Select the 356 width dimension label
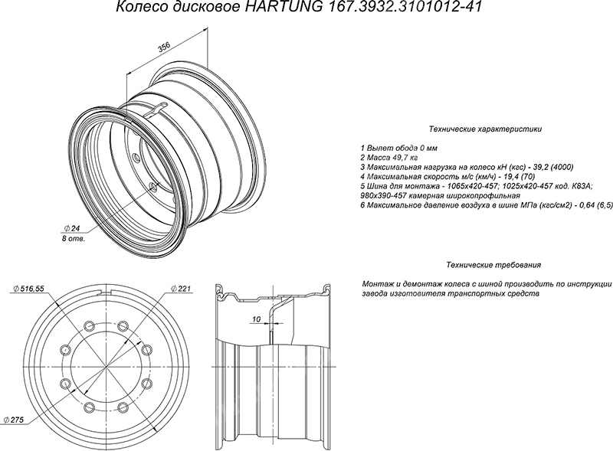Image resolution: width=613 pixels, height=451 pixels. pyautogui.click(x=164, y=47)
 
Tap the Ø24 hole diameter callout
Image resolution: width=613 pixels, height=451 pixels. pyautogui.click(x=70, y=228)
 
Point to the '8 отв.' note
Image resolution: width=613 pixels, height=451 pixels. pyautogui.click(x=73, y=238)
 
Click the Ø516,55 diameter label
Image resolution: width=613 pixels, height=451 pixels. pyautogui.click(x=28, y=289)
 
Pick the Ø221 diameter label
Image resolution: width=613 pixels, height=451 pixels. pyautogui.click(x=181, y=289)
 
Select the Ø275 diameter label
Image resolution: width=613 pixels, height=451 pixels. pyautogui.click(x=14, y=420)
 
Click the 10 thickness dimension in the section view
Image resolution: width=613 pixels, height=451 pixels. pyautogui.click(x=257, y=319)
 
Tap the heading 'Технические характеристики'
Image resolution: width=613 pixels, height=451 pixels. pyautogui.click(x=485, y=129)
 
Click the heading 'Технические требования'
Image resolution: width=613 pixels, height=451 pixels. pyautogui.click(x=493, y=265)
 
